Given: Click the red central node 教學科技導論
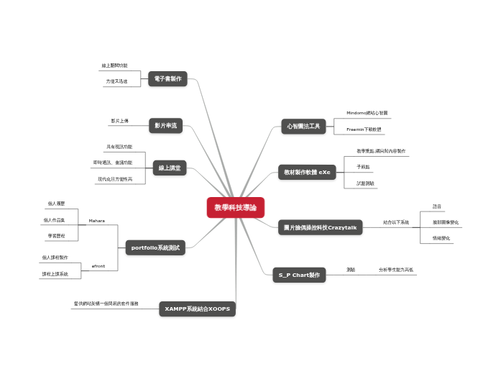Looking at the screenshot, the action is (x=236, y=208).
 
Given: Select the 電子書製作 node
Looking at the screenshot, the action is (x=167, y=78).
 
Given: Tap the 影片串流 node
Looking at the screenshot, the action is (x=166, y=126).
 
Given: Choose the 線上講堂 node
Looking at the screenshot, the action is (x=170, y=168).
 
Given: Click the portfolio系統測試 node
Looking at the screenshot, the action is (x=155, y=248).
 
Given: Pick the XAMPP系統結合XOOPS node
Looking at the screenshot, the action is (x=198, y=309).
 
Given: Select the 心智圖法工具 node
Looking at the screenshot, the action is (x=303, y=127).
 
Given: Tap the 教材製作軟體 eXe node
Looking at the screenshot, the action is (x=307, y=173).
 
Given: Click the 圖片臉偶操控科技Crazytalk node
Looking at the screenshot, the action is (x=320, y=227).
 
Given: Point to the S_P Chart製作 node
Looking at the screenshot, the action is (x=299, y=274).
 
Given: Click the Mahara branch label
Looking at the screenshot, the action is (x=97, y=220).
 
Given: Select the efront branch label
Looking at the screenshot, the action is (x=98, y=266).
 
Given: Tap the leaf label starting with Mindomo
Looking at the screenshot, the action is (x=367, y=113).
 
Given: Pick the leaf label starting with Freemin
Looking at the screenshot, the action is (x=364, y=129).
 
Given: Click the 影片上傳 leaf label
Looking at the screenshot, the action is (x=120, y=121).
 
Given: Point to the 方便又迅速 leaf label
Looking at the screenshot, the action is (x=116, y=81).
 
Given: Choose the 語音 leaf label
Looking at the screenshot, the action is (x=437, y=206).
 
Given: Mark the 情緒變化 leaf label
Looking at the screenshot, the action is (x=441, y=237).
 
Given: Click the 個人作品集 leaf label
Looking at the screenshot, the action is (x=55, y=220).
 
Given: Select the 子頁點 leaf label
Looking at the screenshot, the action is (x=364, y=167).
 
